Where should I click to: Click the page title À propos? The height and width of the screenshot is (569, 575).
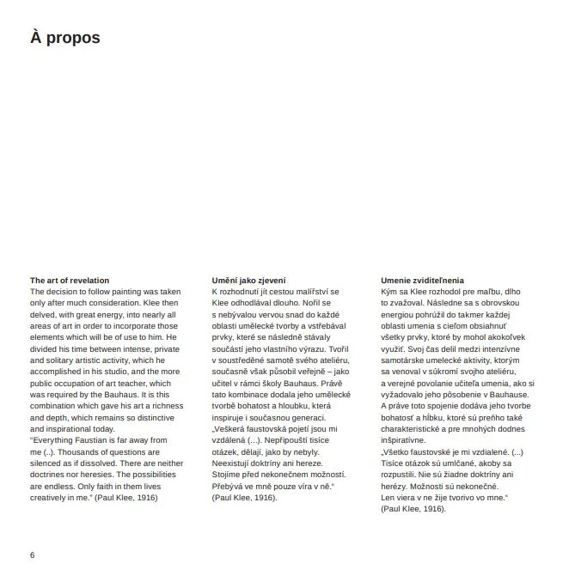click(64, 38)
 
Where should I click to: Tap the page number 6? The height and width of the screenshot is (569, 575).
click(32, 554)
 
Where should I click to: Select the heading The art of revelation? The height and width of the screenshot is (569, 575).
click(70, 281)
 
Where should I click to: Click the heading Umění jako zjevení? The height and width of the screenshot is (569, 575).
click(249, 281)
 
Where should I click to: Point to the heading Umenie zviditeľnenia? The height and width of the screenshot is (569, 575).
click(422, 281)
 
